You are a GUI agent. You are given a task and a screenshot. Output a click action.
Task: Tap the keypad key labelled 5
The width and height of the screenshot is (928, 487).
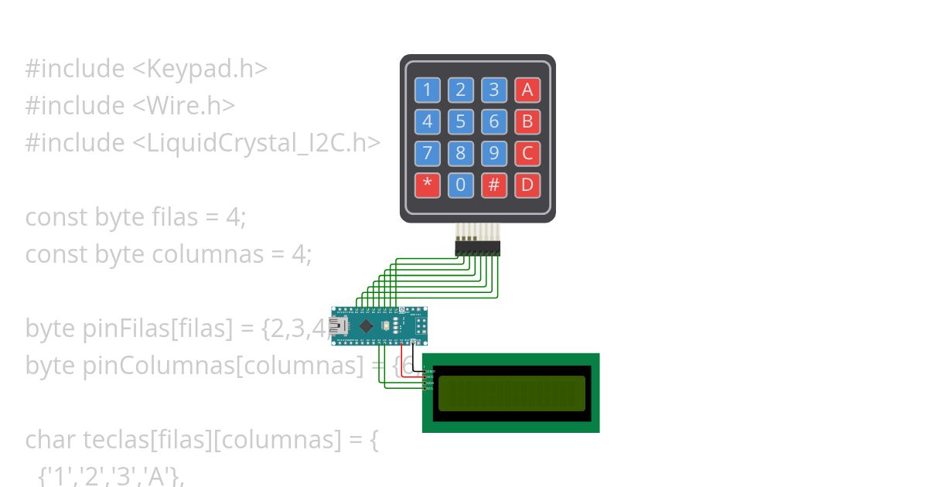tap(460, 121)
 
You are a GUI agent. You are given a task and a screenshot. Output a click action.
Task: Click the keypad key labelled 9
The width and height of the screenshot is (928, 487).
tap(493, 153)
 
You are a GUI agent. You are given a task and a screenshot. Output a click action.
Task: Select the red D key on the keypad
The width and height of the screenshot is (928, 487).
tap(527, 185)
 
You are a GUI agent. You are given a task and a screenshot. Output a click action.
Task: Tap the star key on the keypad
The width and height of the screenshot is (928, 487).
tap(427, 185)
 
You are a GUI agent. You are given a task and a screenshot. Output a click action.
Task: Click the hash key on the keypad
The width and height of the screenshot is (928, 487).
tap(493, 185)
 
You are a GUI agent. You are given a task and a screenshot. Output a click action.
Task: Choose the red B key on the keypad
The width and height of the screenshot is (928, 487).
tap(527, 121)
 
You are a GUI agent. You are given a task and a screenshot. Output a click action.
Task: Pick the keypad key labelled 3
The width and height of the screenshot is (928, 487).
tap(493, 90)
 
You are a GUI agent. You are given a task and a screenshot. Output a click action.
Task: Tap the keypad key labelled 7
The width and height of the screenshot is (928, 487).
tap(427, 153)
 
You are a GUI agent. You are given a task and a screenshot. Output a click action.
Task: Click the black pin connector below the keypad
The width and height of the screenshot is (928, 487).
tap(477, 248)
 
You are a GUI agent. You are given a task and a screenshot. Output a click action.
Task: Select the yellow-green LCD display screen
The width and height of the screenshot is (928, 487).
tap(511, 393)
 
